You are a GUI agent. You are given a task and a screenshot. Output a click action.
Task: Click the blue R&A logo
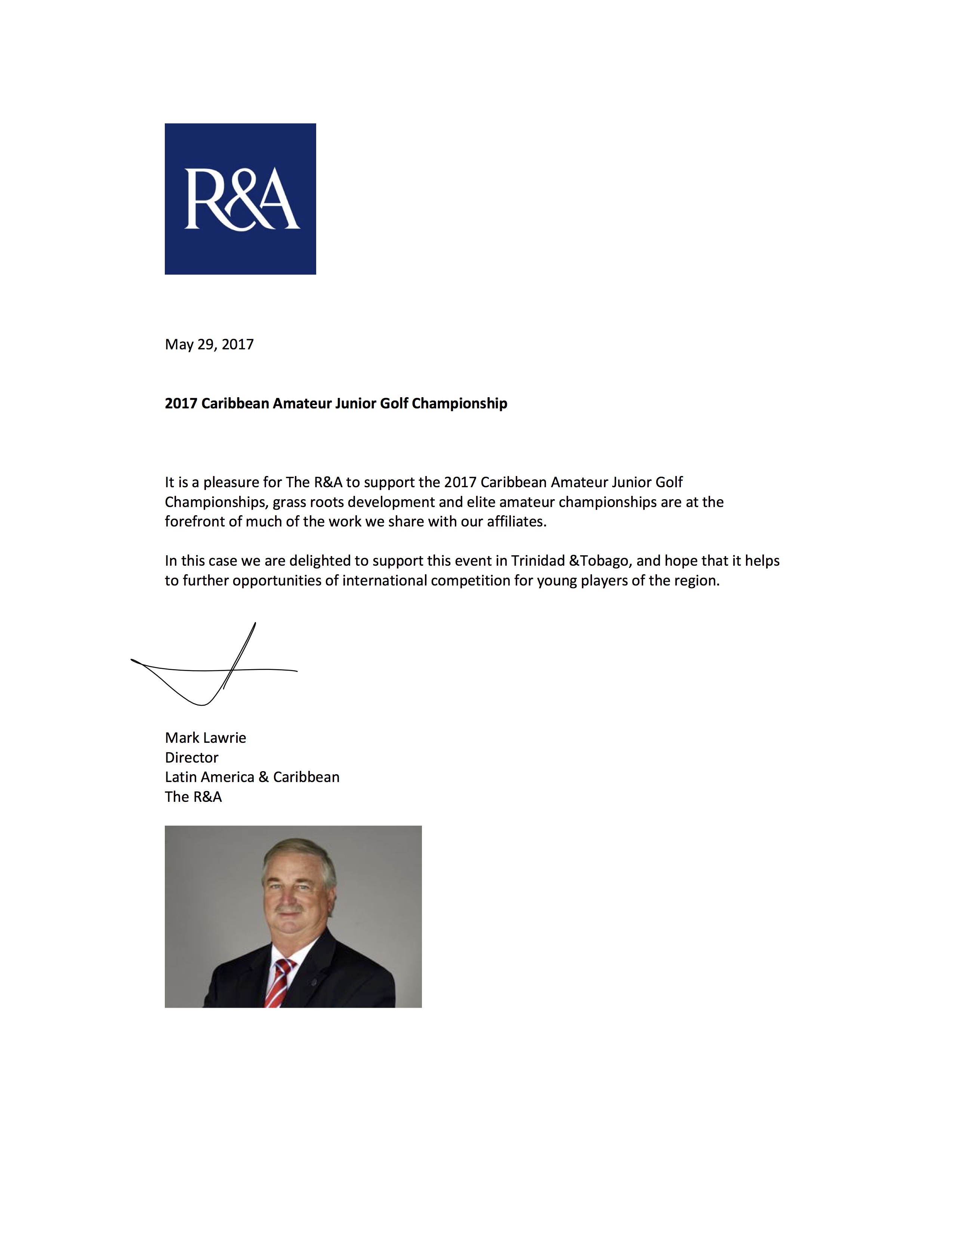(240, 199)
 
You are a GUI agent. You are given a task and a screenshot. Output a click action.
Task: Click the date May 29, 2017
(209, 344)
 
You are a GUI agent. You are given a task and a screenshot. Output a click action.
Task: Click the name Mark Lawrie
(205, 738)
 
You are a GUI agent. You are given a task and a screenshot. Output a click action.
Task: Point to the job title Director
(191, 758)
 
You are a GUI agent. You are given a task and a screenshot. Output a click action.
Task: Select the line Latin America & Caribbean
(252, 778)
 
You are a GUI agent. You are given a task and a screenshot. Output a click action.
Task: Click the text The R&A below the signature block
(193, 797)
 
